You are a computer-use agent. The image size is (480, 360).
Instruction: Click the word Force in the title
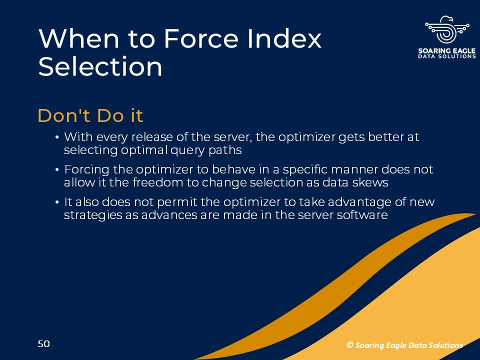coord(201,38)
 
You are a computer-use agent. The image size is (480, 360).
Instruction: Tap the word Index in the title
coord(284,38)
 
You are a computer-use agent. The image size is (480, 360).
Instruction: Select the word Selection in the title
coord(100,66)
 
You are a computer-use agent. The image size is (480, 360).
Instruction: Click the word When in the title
coord(78,38)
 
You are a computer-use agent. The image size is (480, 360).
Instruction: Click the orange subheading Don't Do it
coord(90,115)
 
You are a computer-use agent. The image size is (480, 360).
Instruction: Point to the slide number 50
coord(44,344)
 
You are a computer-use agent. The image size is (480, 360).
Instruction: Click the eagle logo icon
coord(447,30)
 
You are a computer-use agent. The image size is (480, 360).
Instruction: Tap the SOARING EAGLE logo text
coord(447,51)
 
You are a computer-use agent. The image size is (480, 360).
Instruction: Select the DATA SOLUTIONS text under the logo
coord(447,56)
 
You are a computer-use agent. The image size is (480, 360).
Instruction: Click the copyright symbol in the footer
coord(350,345)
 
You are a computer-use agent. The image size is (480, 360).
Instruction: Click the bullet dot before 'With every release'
coord(56,137)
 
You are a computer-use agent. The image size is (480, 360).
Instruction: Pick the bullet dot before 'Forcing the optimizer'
coord(56,169)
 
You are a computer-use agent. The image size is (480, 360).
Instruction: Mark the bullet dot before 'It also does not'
coord(56,202)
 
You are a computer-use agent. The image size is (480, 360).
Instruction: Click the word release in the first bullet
coord(152,137)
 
